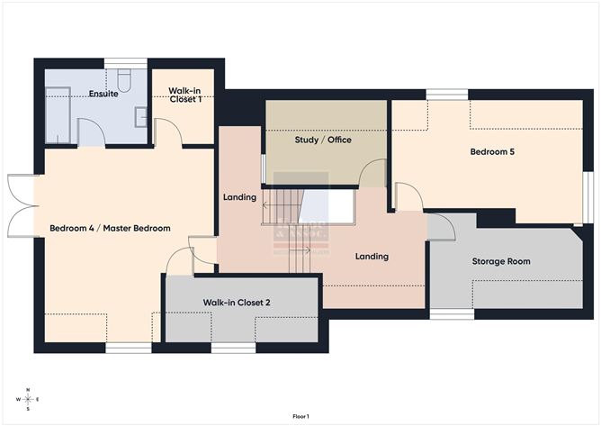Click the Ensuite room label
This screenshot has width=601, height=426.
[103, 94]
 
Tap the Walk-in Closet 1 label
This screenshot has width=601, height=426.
[184, 95]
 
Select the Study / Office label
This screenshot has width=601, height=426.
[323, 140]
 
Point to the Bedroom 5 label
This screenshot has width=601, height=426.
[492, 152]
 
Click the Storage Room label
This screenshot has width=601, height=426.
[501, 261]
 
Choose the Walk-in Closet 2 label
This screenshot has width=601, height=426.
[237, 304]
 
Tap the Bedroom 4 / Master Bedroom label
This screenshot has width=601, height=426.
[110, 228]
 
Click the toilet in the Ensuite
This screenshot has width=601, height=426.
[125, 81]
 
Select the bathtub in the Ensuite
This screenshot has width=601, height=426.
[58, 113]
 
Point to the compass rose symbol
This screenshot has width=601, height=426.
[28, 398]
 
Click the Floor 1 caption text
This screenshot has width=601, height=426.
[300, 416]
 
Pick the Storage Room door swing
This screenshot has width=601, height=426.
[441, 227]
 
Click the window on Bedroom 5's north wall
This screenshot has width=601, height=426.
[446, 94]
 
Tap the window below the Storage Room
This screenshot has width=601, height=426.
[452, 314]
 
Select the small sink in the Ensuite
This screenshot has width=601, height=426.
[141, 115]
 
